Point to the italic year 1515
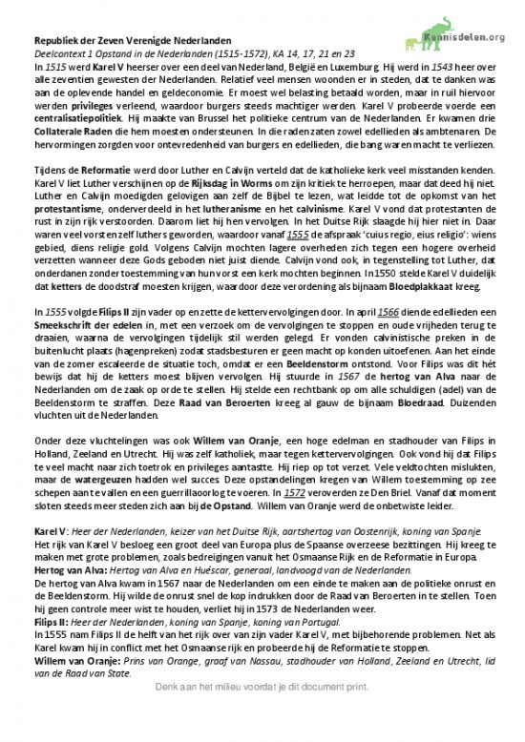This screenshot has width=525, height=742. [x=56, y=70]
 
